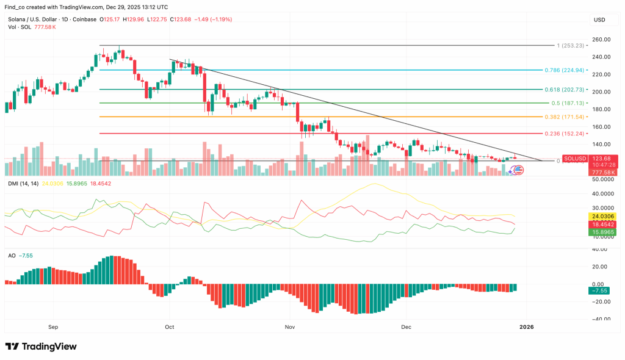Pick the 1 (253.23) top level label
coord(569,45)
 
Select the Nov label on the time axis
coord(290,327)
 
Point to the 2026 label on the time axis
coord(526,327)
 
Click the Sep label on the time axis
coord(53,327)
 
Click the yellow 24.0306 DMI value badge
coord(602,216)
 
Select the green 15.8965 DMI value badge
coord(602,232)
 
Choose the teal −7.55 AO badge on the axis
coord(602,291)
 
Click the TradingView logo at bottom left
coord(41,347)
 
